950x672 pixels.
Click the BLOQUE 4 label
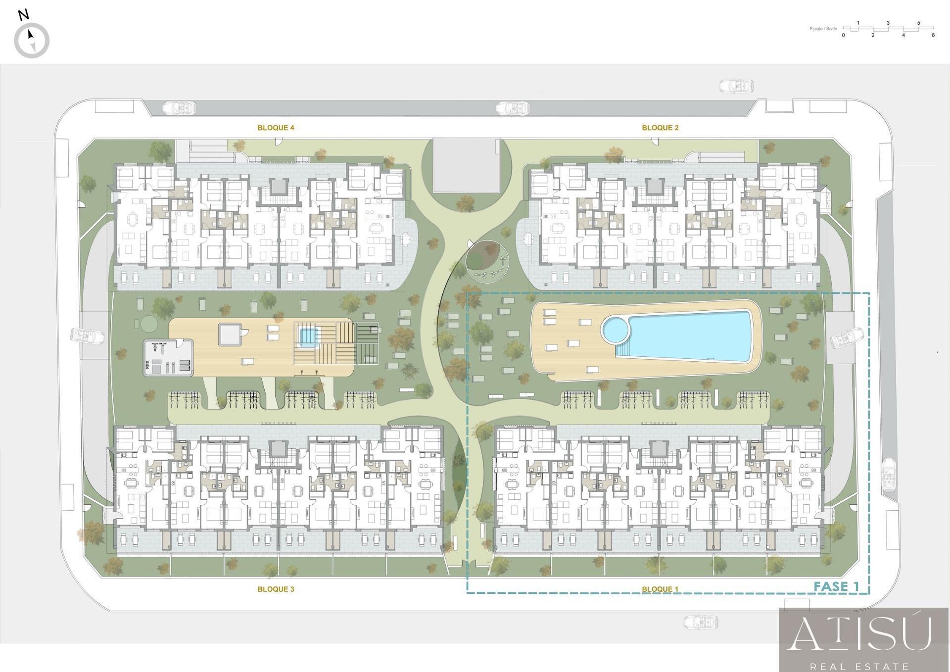276,128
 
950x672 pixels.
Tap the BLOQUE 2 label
660,128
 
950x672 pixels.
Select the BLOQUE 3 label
276,589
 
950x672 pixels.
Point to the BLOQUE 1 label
660,589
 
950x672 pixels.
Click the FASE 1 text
836,587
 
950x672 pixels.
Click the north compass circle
32,41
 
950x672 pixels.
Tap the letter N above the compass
23,15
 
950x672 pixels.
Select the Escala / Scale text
823,29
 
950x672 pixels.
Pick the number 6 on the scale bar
933,35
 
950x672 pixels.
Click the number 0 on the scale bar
843,35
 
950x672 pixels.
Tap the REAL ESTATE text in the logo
859,666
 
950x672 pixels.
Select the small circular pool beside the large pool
614,329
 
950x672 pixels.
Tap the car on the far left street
88,336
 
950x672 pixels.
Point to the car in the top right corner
736,86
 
